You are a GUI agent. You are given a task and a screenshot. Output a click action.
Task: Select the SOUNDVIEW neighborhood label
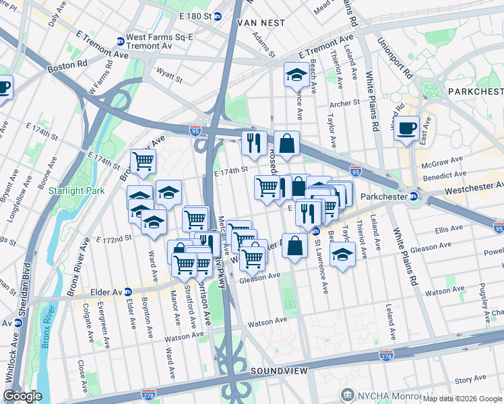coord(278,371)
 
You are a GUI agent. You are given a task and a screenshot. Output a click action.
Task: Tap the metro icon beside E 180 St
coord(218,16)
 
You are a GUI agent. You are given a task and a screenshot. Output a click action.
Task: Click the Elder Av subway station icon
coord(127,292)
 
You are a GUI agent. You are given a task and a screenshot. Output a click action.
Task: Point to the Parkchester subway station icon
coord(414,197)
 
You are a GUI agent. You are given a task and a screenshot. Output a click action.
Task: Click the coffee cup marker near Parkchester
coord(406,129)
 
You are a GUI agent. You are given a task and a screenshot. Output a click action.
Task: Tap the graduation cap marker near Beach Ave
coord(296,75)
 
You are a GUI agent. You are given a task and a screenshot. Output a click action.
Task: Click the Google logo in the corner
coord(22,396)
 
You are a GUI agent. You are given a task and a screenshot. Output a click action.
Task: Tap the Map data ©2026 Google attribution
coord(462,399)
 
